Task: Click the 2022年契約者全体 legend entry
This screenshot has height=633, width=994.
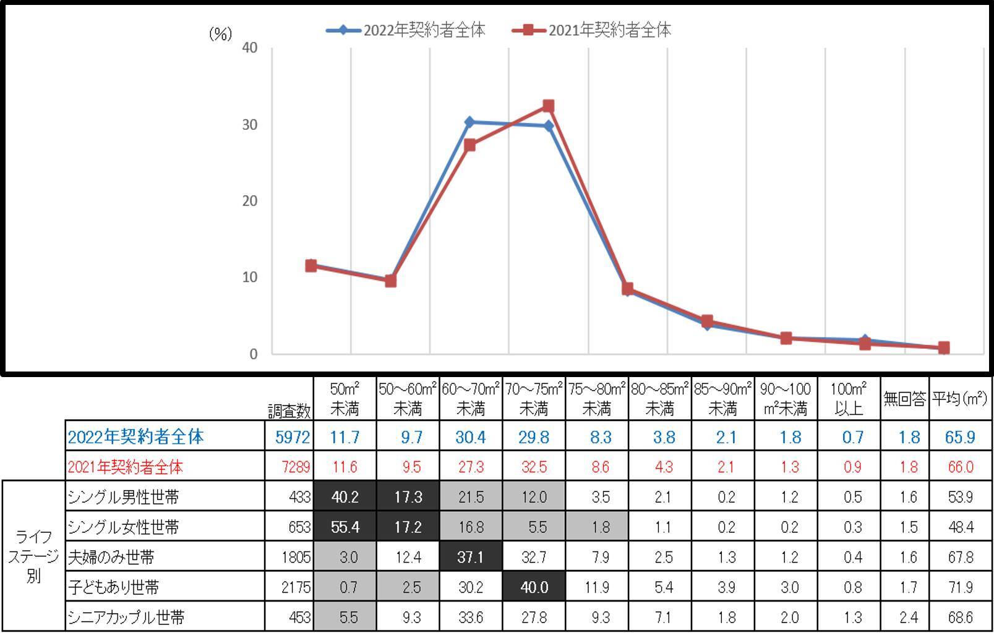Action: [x=406, y=30]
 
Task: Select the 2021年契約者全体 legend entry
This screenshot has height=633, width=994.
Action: [x=592, y=30]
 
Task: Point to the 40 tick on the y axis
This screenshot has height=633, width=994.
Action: [x=250, y=48]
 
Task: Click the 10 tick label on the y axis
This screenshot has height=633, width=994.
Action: [x=250, y=278]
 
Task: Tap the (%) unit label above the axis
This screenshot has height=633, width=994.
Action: [x=220, y=33]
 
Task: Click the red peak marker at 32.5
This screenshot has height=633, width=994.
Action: [x=548, y=106]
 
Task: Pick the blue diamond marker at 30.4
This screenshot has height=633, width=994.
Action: [x=469, y=122]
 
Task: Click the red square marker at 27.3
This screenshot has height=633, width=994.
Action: [x=469, y=145]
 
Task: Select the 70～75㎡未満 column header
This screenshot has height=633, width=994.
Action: [x=533, y=399]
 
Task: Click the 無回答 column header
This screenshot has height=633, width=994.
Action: [x=904, y=399]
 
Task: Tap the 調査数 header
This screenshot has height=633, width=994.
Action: [x=289, y=410]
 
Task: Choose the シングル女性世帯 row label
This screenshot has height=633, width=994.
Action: [x=124, y=527]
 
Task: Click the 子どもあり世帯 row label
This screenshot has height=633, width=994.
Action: [x=114, y=587]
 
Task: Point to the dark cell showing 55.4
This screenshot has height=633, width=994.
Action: [x=345, y=527]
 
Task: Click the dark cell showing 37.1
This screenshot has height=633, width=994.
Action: [x=471, y=557]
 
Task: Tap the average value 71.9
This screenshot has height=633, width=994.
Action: [x=960, y=587]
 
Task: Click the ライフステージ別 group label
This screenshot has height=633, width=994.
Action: [x=33, y=556]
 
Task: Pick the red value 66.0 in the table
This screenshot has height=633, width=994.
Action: [x=960, y=467]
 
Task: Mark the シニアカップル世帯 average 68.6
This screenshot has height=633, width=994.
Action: [x=960, y=617]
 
